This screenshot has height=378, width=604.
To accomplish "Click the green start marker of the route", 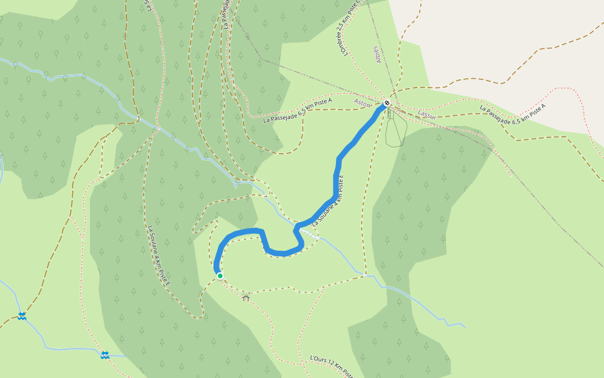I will click(x=220, y=276).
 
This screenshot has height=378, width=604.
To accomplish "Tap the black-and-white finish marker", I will click(x=388, y=103).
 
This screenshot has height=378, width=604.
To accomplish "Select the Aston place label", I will click(x=362, y=102).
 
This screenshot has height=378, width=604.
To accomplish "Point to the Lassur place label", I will click(x=427, y=114).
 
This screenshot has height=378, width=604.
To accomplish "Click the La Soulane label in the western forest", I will click(x=159, y=255).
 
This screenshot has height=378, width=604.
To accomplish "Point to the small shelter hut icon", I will click(x=245, y=297).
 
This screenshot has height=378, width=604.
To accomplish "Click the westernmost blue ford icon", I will click(x=23, y=316).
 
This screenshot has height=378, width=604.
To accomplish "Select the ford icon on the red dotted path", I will click(x=106, y=355).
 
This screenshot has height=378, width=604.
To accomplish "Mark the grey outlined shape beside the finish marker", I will click(x=395, y=129).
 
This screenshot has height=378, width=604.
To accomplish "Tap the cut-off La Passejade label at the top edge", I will click(x=226, y=14).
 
